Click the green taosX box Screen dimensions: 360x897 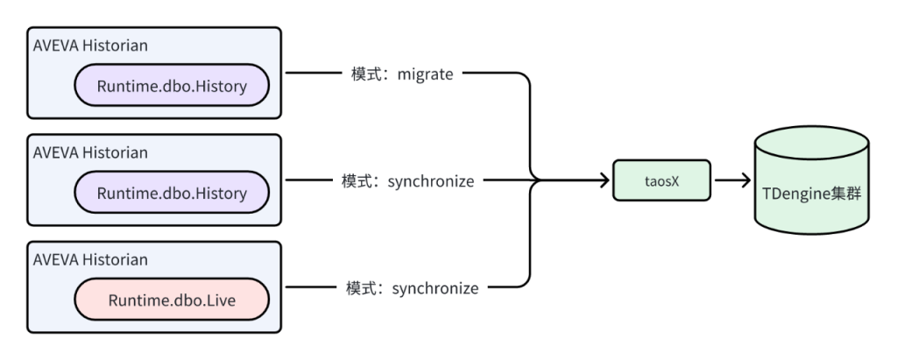pos(660,181)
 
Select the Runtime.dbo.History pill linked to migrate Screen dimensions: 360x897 pos(173,86)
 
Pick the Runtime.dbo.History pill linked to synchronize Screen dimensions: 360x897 pos(173,193)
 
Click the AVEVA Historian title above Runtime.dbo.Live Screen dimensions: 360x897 pos(90,260)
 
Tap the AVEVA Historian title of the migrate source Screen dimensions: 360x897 pos(90,45)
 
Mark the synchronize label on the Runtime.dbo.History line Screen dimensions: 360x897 pos(434,181)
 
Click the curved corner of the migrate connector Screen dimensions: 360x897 pos(526,81)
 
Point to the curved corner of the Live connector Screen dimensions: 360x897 pos(526,282)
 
